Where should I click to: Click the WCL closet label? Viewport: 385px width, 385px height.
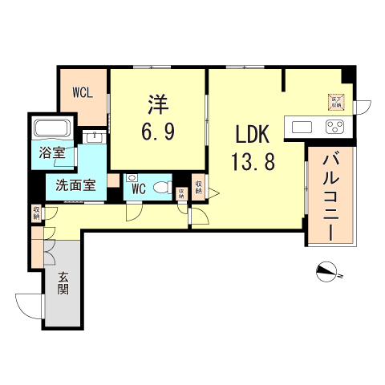coord(83,91)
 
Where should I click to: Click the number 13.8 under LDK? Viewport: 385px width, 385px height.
coord(253,162)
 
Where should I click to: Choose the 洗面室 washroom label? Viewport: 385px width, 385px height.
coord(75,185)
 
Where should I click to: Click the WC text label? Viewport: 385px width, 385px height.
coord(137,190)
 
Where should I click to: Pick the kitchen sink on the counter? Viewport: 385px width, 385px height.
coord(303,126)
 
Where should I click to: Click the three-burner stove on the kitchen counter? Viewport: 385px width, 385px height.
coord(333,126)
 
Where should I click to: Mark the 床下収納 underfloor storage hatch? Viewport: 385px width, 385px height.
coord(335,101)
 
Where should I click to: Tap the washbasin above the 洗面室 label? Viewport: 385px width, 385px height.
coord(95,136)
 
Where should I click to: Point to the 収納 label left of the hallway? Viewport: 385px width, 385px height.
coord(36,213)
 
